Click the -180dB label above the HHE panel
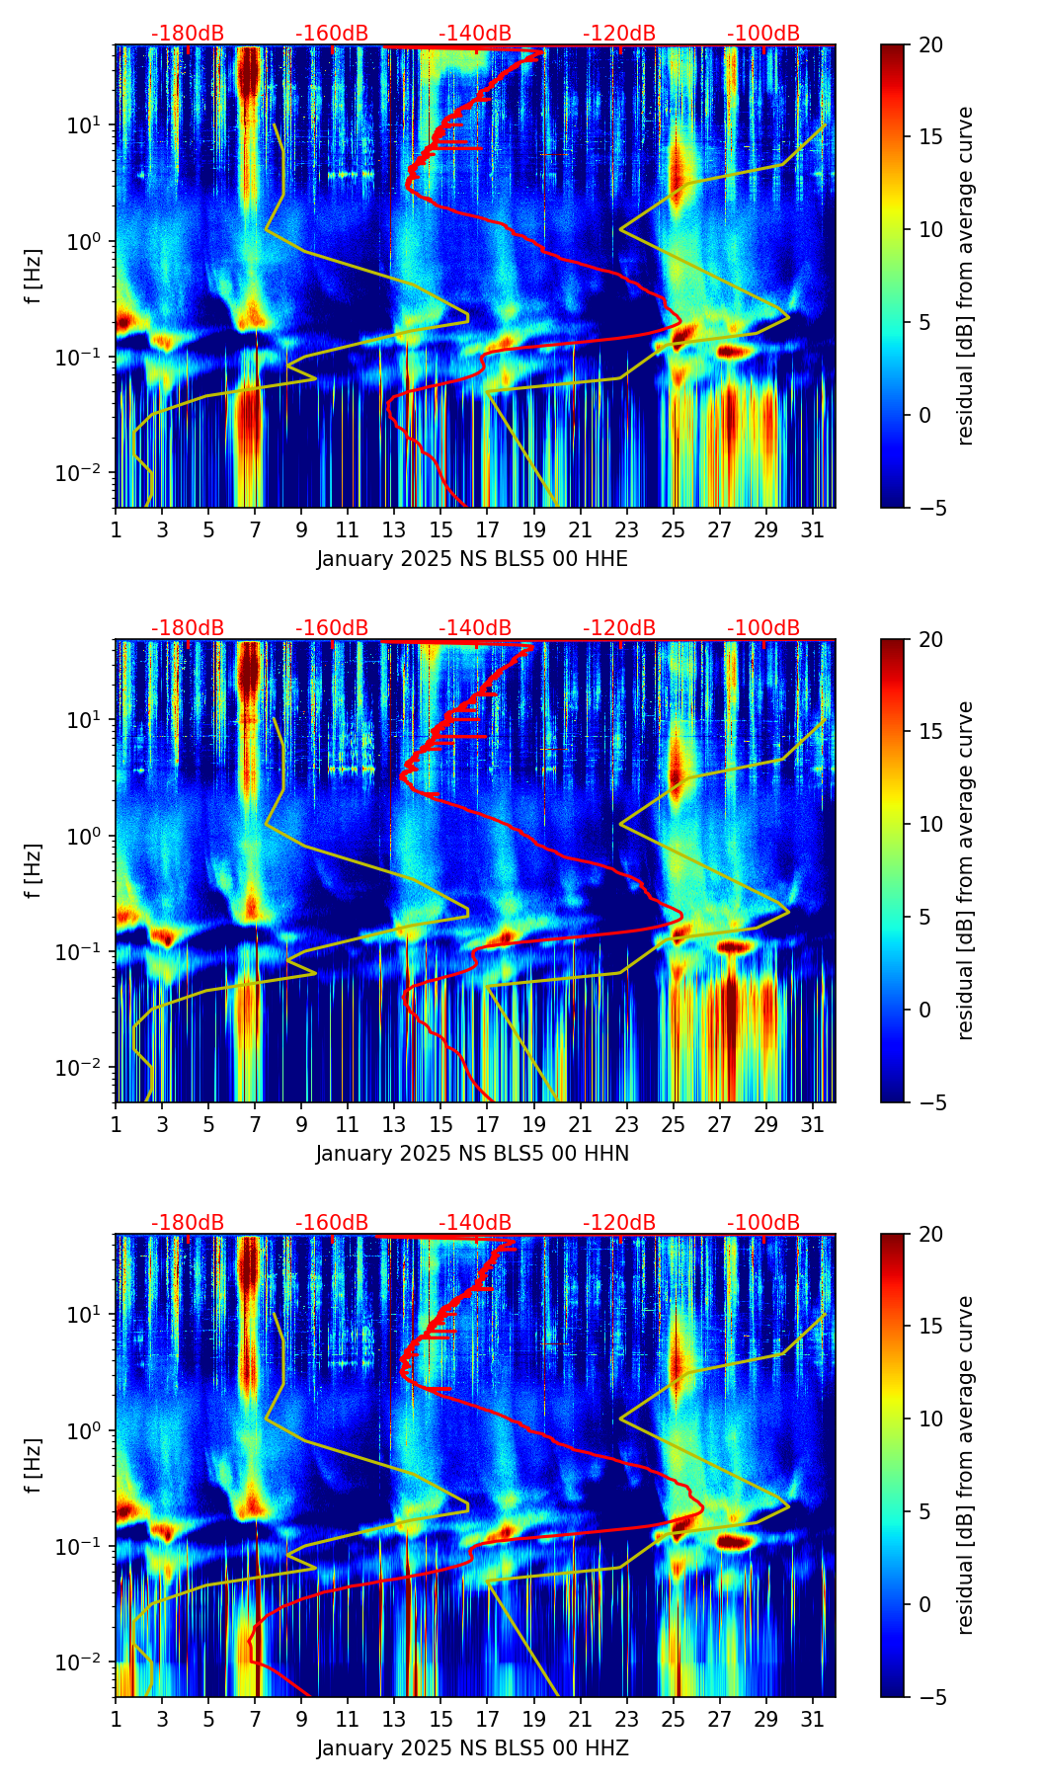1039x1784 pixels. click(x=188, y=34)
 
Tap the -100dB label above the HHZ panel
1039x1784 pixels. click(x=763, y=1223)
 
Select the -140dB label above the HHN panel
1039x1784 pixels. click(x=475, y=628)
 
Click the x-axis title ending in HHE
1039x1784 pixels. click(x=472, y=559)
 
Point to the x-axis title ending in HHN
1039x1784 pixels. click(x=472, y=1154)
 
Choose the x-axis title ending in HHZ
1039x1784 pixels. click(x=472, y=1748)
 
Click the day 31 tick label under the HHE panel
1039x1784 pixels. click(x=813, y=530)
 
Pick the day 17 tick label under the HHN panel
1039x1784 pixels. click(x=488, y=1125)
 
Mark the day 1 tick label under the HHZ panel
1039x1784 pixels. click(x=116, y=1720)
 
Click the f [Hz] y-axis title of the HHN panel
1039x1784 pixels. click(x=33, y=870)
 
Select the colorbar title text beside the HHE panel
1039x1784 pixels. click(x=966, y=276)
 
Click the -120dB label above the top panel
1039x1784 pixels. click(x=619, y=34)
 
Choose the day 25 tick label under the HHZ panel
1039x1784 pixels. click(x=674, y=1720)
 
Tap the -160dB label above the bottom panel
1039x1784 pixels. click(x=332, y=1223)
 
